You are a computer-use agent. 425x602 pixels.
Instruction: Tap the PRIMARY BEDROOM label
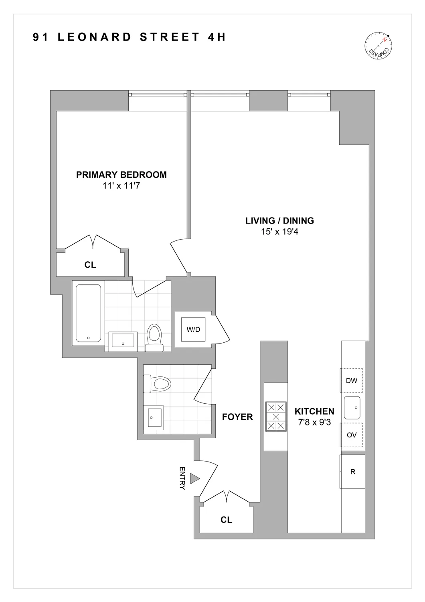[121, 175]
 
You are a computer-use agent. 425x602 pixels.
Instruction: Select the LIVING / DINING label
[279, 220]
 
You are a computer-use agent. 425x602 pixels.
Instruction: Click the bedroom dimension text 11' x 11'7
[121, 186]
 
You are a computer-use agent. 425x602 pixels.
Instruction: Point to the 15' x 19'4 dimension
[279, 232]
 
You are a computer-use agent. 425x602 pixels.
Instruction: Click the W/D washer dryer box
[193, 329]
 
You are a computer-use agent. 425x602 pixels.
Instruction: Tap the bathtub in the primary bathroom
[88, 313]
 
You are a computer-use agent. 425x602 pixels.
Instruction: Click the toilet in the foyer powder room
[157, 384]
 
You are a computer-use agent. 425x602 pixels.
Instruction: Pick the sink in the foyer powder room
[153, 417]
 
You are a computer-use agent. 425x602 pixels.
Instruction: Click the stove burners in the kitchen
[275, 417]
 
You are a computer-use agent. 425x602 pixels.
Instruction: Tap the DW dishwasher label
[352, 380]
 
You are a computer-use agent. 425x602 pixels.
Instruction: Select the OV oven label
[352, 435]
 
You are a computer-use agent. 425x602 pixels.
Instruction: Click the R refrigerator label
[353, 472]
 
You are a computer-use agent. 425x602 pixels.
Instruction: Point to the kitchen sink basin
[352, 407]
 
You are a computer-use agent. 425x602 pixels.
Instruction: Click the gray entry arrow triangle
[195, 478]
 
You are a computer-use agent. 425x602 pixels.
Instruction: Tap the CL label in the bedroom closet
[90, 265]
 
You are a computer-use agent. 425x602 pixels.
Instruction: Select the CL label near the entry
[226, 520]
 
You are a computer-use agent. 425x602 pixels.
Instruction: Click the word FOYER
[237, 417]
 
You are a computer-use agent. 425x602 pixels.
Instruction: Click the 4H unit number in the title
[217, 37]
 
